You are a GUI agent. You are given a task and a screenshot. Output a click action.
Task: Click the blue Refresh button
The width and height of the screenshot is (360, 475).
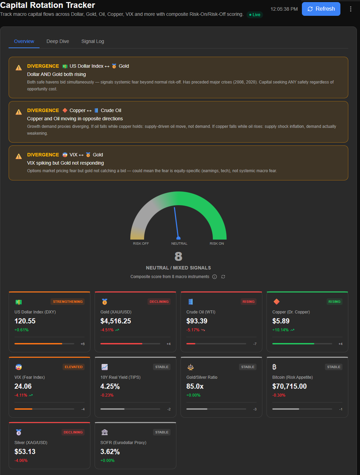[x=321, y=9]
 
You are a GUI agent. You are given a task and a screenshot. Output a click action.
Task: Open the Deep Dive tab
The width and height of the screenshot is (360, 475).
[x=58, y=41]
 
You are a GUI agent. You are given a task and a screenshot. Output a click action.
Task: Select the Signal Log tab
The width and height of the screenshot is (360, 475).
[x=92, y=41]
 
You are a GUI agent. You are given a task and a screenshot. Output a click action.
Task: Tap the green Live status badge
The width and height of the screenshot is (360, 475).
[x=255, y=15]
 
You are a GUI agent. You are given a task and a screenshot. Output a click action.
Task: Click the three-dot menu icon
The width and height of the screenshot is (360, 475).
[x=350, y=9]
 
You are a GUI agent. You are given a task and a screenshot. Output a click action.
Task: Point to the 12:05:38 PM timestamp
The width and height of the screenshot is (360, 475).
[x=284, y=9]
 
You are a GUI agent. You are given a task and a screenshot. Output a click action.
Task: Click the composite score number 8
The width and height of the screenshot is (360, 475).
[x=178, y=256]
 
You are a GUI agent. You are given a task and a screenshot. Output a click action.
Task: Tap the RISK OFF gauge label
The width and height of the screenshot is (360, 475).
[x=141, y=243]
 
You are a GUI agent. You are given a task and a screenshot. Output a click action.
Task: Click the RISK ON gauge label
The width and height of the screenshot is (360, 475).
[x=217, y=243]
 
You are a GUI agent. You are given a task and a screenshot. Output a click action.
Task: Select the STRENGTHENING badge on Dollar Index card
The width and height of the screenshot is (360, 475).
[x=68, y=301]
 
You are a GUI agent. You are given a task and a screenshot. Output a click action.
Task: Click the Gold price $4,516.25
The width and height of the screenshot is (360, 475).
[x=116, y=321]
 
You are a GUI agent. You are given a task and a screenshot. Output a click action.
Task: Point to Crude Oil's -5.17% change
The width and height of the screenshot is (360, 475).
[x=193, y=330]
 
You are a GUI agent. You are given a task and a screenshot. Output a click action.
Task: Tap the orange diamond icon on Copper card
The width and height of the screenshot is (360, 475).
[x=276, y=301]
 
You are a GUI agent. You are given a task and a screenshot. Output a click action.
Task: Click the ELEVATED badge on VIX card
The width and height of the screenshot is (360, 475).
[x=74, y=367]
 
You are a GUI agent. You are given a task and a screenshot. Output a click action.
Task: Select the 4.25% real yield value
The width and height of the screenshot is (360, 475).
[x=110, y=386]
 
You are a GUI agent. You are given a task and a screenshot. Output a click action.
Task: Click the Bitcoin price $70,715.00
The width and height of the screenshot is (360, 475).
[x=290, y=386]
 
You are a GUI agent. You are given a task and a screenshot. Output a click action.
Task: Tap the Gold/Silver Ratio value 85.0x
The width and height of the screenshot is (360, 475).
[x=195, y=386]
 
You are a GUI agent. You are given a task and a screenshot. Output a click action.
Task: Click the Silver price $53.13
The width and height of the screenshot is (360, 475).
[x=25, y=452]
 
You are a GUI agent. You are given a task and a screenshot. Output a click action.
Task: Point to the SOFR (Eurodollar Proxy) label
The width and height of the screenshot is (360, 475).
[x=123, y=442]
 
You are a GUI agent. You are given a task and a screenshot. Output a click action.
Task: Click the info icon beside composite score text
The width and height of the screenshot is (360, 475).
[x=215, y=277]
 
